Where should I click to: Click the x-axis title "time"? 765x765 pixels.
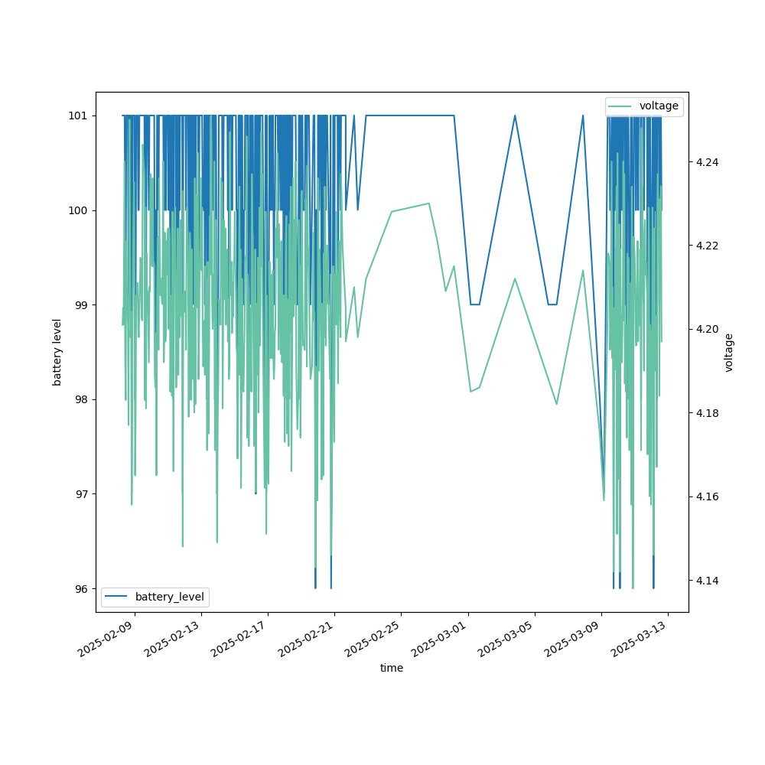pos(392,668)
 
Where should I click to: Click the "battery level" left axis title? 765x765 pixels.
pos(57,352)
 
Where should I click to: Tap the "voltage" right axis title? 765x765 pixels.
pos(729,352)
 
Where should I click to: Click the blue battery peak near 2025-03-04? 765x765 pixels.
pos(515,116)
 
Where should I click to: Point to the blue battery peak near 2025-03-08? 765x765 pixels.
pos(583,116)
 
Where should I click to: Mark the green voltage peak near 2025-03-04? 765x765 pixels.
pos(515,278)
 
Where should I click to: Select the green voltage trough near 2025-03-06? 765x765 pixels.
pos(556,404)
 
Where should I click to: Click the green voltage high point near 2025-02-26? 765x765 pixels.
pos(428,203)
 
